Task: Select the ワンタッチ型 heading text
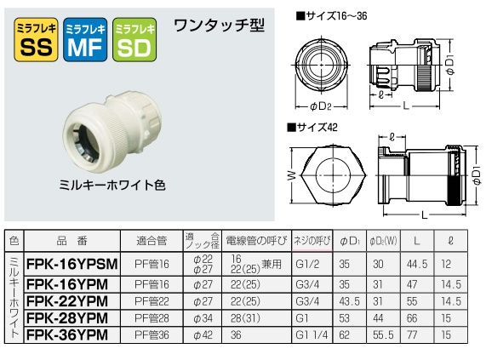[x=207, y=26]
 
